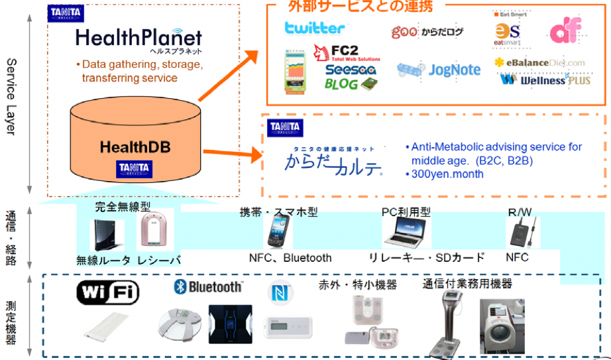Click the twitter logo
pyautogui.click(x=314, y=28)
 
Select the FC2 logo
pyautogui.click(x=341, y=52)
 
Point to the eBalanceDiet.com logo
pyautogui.click(x=540, y=62)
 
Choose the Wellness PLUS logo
pyautogui.click(x=543, y=80)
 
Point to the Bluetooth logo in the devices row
pyautogui.click(x=208, y=286)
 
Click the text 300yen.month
pyautogui.click(x=444, y=174)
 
